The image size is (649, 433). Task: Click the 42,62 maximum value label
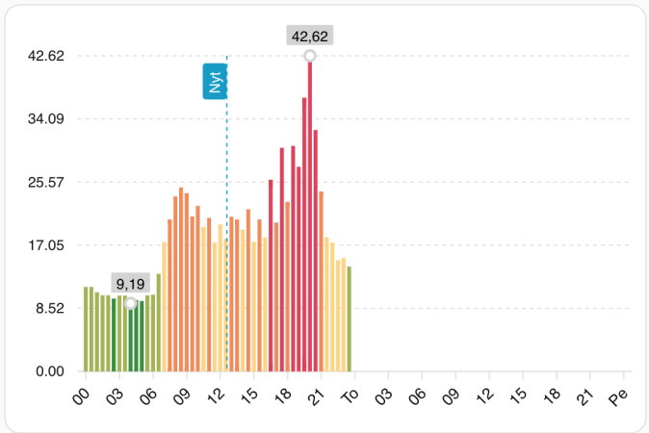tap(310, 37)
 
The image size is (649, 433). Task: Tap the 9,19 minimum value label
tap(131, 284)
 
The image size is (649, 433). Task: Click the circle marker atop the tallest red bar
tap(310, 56)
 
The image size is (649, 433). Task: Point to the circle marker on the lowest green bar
tap(131, 303)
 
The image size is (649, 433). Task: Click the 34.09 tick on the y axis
tap(44, 119)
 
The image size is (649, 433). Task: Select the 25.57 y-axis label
tap(44, 182)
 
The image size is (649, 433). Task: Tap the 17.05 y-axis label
tap(44, 245)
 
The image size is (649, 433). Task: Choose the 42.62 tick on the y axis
tap(44, 56)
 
